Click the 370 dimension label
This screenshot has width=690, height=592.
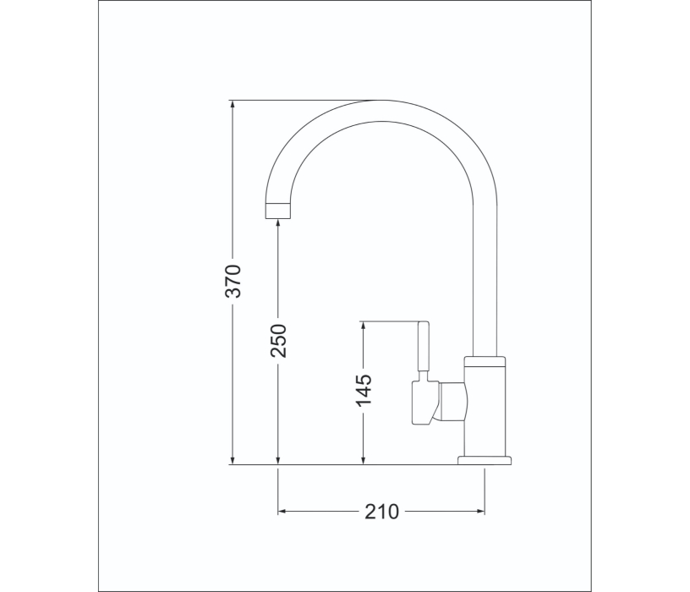[234, 281]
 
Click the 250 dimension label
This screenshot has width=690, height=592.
[279, 340]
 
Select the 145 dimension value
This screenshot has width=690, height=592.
[363, 390]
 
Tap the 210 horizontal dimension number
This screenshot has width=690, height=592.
[381, 512]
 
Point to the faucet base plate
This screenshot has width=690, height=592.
[485, 460]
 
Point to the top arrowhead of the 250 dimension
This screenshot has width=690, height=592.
[279, 224]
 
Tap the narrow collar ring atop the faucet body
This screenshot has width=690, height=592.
[486, 361]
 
